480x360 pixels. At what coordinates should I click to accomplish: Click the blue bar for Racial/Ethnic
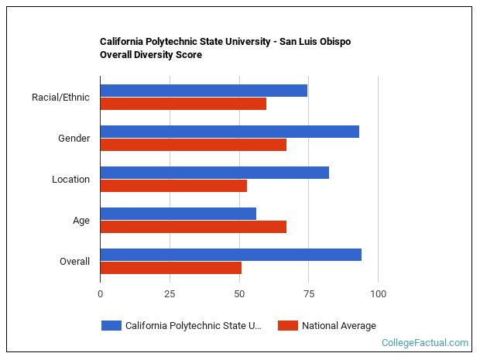pyautogui.click(x=204, y=91)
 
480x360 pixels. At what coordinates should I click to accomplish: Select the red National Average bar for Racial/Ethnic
pyautogui.click(x=183, y=104)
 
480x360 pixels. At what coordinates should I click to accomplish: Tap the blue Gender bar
pyautogui.click(x=230, y=132)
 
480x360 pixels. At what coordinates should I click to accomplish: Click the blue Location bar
pyautogui.click(x=214, y=173)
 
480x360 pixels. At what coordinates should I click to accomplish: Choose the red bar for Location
pyautogui.click(x=173, y=186)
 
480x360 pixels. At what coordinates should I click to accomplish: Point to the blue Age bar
pyautogui.click(x=178, y=214)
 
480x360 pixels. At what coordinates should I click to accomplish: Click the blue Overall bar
pyautogui.click(x=231, y=255)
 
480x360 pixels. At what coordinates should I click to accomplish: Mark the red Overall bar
pyautogui.click(x=171, y=268)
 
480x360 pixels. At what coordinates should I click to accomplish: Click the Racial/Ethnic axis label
pyautogui.click(x=60, y=98)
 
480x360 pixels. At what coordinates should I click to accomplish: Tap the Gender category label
pyautogui.click(x=74, y=139)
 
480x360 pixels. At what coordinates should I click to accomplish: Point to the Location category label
pyautogui.click(x=70, y=180)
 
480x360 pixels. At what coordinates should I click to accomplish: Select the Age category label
pyautogui.click(x=81, y=221)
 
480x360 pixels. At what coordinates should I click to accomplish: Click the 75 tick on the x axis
pyautogui.click(x=309, y=294)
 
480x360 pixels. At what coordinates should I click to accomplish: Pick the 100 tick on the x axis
pyautogui.click(x=379, y=294)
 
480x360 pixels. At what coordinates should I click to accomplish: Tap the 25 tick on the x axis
pyautogui.click(x=170, y=294)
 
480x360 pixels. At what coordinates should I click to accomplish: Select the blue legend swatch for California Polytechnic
pyautogui.click(x=111, y=326)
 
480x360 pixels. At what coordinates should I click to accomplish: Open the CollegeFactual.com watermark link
pyautogui.click(x=424, y=343)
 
